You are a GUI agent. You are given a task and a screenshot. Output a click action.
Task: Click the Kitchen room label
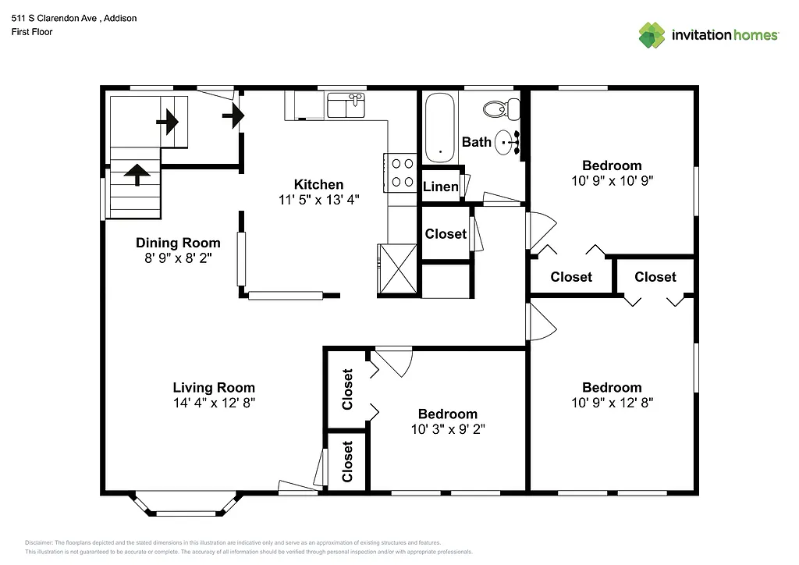point(318,184)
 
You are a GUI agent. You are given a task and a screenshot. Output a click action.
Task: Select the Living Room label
point(214,387)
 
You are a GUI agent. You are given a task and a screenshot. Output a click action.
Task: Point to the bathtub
point(440,128)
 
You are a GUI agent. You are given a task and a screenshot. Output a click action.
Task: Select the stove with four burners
point(402,172)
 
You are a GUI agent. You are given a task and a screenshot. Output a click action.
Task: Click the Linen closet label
point(441,187)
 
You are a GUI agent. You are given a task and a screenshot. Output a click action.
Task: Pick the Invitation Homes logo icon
point(652,35)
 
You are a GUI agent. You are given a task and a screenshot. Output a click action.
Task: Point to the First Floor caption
point(32,32)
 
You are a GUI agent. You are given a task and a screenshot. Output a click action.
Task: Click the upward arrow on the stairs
point(138,173)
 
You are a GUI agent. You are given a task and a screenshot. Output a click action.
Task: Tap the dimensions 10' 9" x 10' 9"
point(612,179)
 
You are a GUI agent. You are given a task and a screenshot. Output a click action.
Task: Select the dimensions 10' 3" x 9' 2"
point(447,428)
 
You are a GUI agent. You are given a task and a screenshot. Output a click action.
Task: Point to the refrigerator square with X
point(397,269)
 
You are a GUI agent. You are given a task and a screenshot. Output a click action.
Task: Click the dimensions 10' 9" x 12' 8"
point(612,403)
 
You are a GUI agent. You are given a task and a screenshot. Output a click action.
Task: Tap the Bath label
point(477,141)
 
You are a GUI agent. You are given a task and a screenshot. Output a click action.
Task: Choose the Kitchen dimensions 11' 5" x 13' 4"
point(318,199)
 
